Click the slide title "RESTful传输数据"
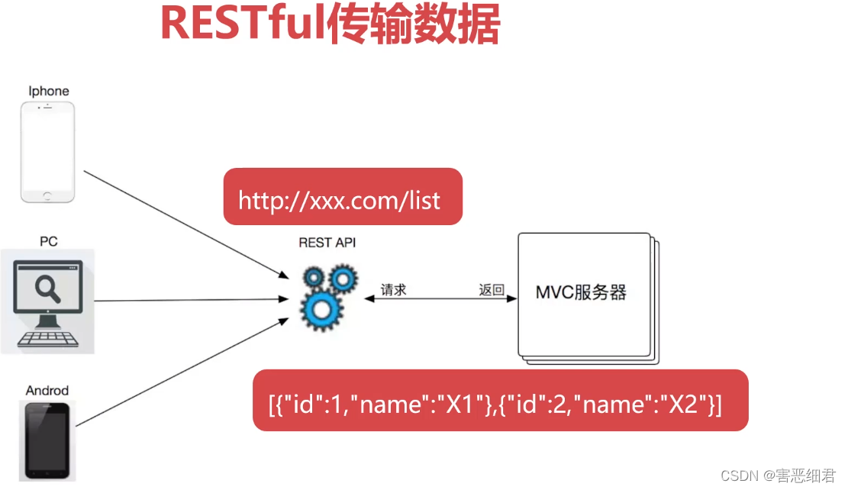pyautogui.click(x=330, y=24)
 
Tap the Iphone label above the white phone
pyautogui.click(x=49, y=91)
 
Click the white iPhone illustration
pyautogui.click(x=49, y=153)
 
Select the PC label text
pyautogui.click(x=48, y=241)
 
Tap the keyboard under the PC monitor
pyautogui.click(x=48, y=338)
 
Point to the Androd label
pyautogui.click(x=47, y=391)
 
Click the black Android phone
pyautogui.click(x=47, y=440)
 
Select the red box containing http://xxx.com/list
pyautogui.click(x=343, y=197)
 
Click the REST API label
pyautogui.click(x=327, y=243)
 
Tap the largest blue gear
pyautogui.click(x=319, y=308)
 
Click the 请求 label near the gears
pyautogui.click(x=394, y=289)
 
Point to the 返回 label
pyautogui.click(x=492, y=289)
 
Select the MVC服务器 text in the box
pyautogui.click(x=580, y=292)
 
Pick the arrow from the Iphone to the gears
pyautogui.click(x=183, y=224)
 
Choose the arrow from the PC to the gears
pyautogui.click(x=191, y=300)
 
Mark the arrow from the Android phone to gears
pyautogui.click(x=183, y=371)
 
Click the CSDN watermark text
pyautogui.click(x=778, y=475)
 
